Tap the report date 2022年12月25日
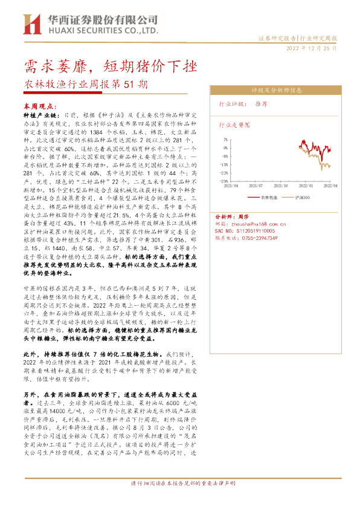click(311, 48)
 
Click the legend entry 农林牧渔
click(269, 197)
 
